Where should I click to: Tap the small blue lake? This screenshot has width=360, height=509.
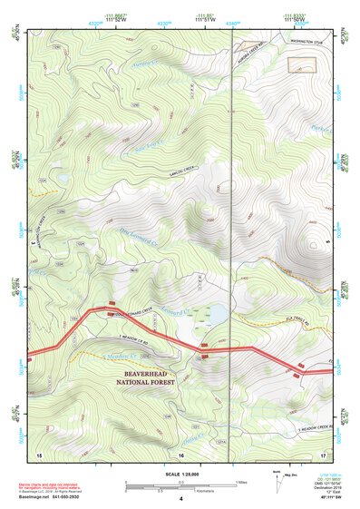(219, 315)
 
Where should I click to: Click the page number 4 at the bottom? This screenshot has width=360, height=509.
(181, 499)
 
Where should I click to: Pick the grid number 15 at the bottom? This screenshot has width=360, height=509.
(39, 453)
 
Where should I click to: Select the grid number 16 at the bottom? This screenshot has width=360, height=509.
(181, 453)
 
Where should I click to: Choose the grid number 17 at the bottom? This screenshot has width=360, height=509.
(323, 453)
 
